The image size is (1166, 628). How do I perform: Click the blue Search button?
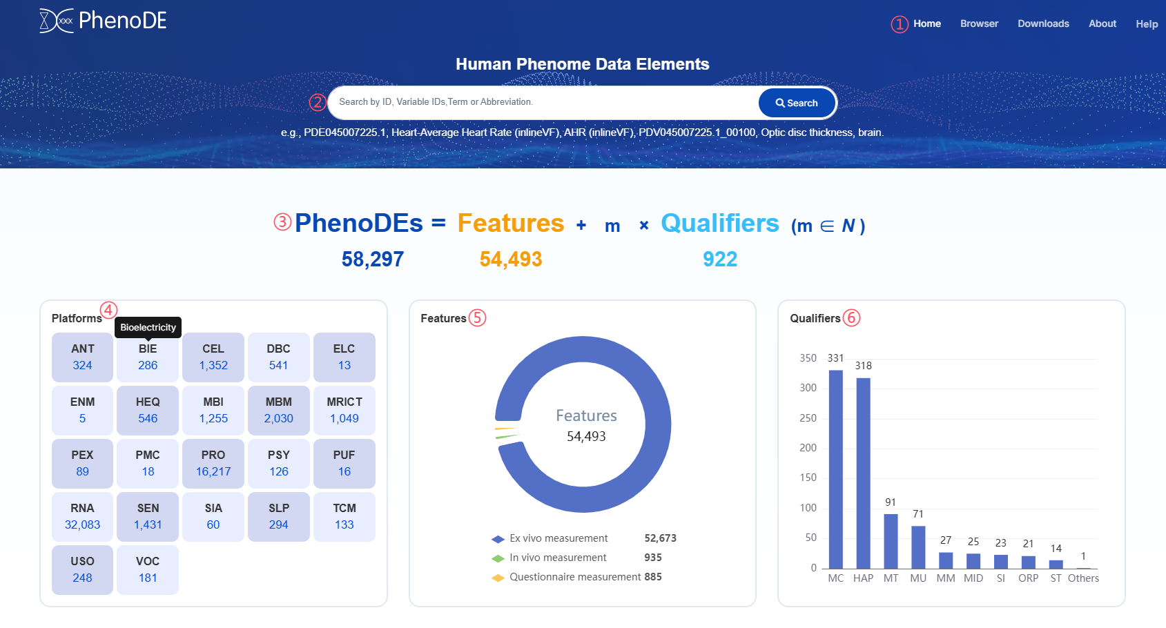pos(797,103)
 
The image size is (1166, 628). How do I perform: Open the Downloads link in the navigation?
pos(1043,23)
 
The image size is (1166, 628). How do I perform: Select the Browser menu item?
pos(979,23)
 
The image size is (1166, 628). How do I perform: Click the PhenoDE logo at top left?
pos(103,21)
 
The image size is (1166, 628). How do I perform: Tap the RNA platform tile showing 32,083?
pos(82,516)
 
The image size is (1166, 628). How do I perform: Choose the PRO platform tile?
pos(213,463)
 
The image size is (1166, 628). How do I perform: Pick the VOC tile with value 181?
pos(148,569)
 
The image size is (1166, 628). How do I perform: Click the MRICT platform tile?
pos(344,410)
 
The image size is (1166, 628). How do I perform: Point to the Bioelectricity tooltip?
pos(148,327)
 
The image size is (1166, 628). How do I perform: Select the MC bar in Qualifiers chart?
pos(835,469)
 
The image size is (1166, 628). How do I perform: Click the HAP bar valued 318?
pos(863,473)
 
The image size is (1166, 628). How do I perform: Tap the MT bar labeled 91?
pos(891,541)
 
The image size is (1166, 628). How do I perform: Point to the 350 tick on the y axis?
pos(808,358)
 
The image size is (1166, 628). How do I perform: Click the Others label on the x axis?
pos(1083,578)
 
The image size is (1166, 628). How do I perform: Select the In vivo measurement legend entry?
pos(558,558)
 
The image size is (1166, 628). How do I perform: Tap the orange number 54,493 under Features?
pos(511,259)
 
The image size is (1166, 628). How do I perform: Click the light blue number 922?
pos(720,259)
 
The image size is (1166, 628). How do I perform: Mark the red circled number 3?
pos(282,222)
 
